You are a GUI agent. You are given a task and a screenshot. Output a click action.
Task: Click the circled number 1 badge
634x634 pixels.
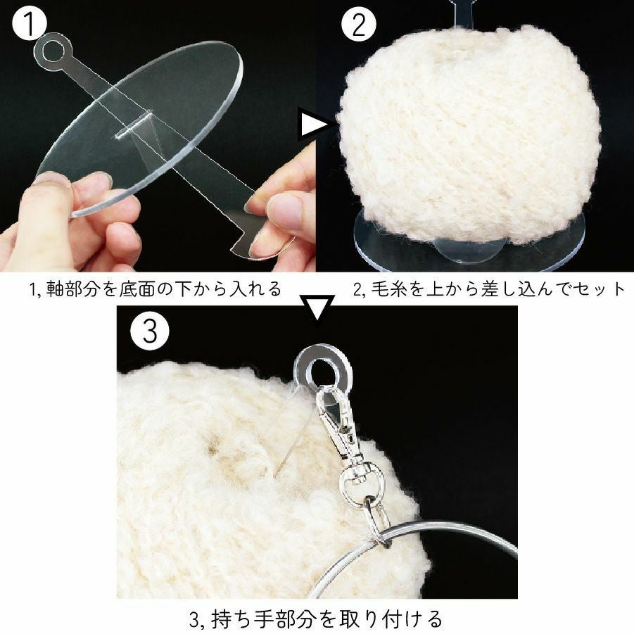(x=30, y=23)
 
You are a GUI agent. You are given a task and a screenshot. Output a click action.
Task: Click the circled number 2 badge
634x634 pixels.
(x=359, y=24)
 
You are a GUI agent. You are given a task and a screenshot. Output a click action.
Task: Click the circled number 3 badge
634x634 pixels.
(x=150, y=331)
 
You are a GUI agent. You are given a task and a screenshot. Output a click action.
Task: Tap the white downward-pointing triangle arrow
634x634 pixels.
(x=317, y=307)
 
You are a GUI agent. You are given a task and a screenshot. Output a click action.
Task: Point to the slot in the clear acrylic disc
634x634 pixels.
(x=134, y=125)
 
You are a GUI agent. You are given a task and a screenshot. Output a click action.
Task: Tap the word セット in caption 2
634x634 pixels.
(x=597, y=289)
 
